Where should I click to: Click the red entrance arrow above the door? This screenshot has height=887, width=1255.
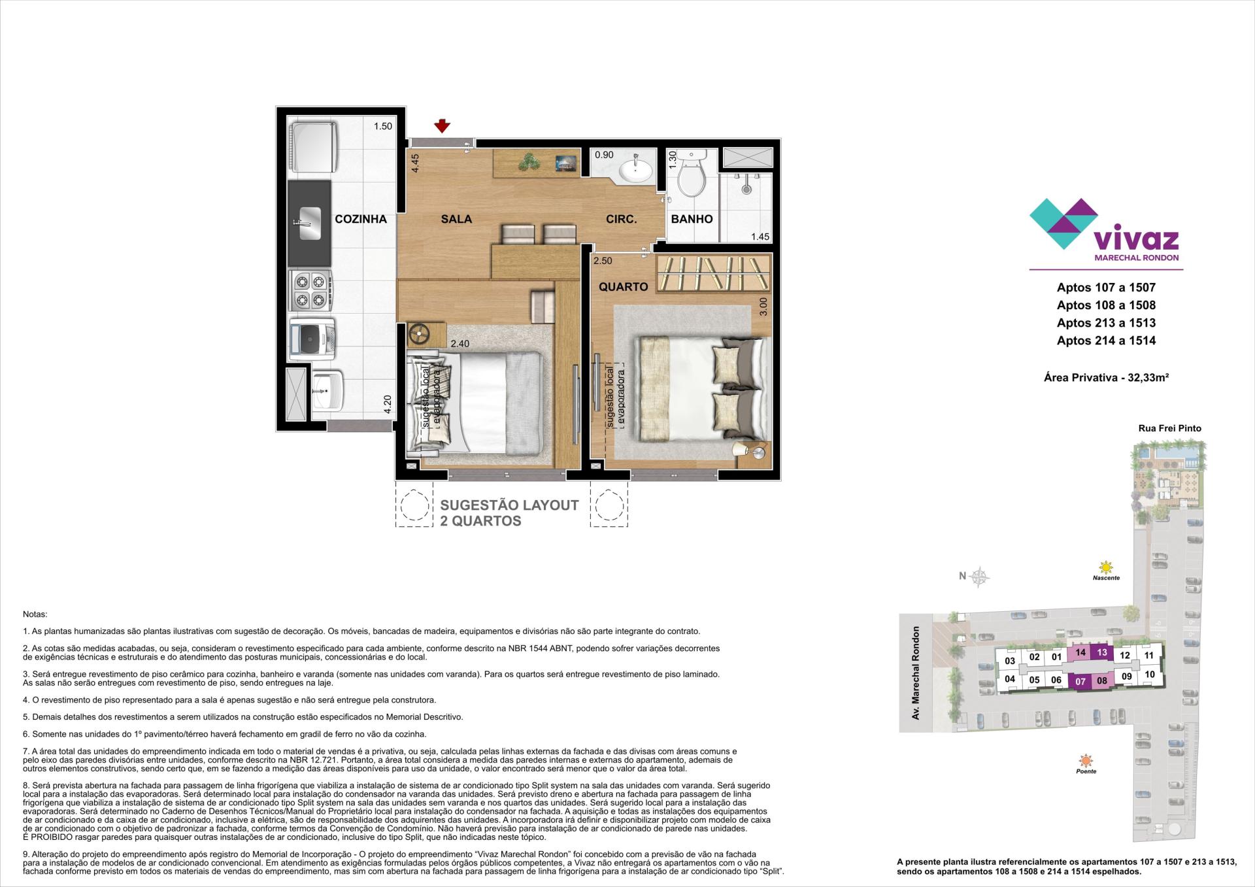443,126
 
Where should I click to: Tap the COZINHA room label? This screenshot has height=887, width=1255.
361,219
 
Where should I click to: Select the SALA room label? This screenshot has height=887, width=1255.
456,219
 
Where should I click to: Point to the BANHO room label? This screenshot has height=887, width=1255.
692,219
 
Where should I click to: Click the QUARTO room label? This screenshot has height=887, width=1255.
623,286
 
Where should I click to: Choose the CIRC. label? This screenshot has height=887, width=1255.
621,219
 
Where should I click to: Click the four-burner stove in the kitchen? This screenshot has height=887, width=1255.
310,291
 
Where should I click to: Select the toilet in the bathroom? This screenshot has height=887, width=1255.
691,173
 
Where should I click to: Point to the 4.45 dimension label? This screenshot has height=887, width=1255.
415,162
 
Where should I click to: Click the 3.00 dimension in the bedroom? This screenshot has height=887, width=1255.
763,307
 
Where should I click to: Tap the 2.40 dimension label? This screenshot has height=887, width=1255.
460,343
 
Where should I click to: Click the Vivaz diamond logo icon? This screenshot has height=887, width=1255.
1063,223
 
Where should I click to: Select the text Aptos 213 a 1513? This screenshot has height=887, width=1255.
1106,323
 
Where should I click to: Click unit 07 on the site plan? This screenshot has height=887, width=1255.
1080,681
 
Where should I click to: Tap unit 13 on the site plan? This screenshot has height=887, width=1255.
1102,652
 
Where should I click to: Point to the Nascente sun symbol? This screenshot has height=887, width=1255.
1105,567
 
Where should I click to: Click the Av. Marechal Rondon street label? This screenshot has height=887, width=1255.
916,673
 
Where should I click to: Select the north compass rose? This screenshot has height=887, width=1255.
979,576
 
